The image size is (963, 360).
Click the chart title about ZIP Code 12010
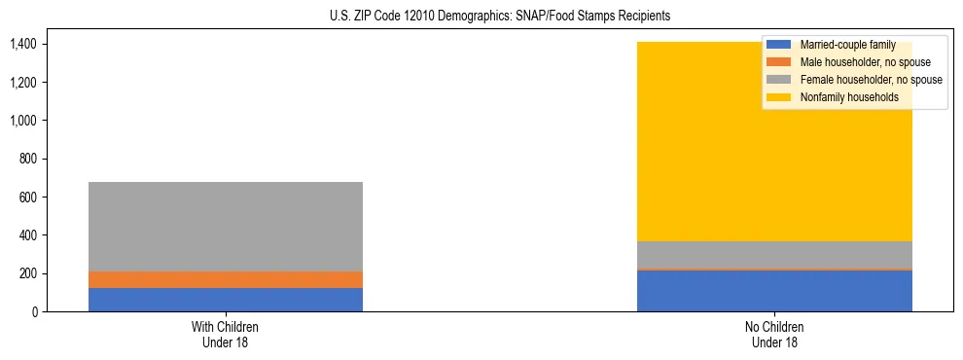(x=481, y=17)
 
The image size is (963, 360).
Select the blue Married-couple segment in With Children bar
(x=226, y=300)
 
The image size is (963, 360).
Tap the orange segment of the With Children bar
(x=226, y=279)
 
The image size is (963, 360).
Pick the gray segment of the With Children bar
(x=226, y=227)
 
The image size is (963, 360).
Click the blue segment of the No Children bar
(x=774, y=291)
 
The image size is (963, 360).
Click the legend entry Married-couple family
(x=847, y=45)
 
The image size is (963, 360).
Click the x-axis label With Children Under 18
(x=226, y=334)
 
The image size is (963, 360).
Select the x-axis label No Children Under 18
(x=774, y=334)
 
